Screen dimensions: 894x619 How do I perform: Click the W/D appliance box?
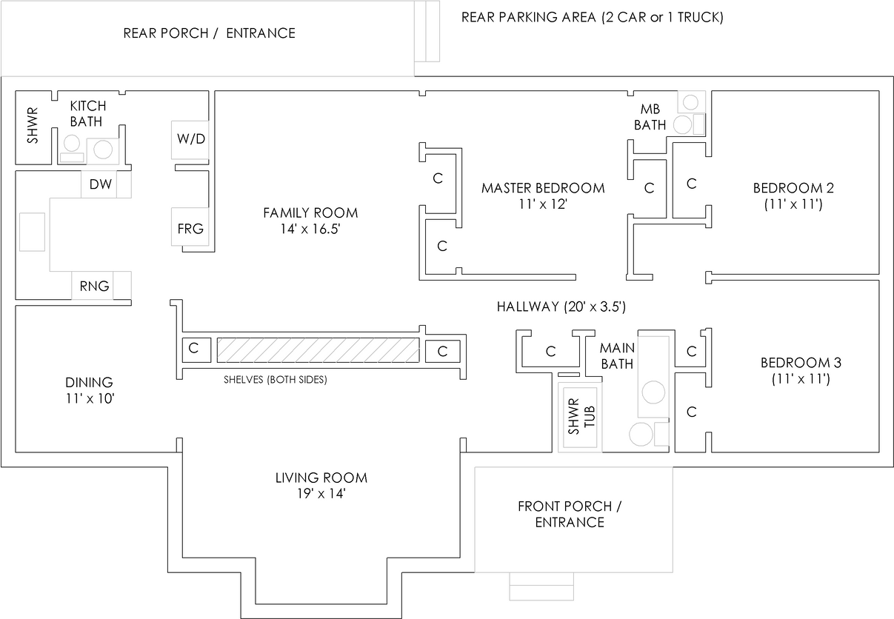190,140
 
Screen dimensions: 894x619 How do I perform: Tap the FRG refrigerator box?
190,227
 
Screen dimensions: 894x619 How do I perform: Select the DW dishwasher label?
101,184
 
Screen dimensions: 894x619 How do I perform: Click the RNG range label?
94,286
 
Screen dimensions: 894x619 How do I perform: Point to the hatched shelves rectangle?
318,350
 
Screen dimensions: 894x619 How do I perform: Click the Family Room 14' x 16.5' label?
310,221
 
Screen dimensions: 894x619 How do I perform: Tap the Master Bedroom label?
543,196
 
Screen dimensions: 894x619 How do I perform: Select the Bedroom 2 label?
793,196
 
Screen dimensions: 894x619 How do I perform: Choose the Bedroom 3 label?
801,370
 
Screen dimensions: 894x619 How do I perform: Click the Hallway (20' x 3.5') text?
561,307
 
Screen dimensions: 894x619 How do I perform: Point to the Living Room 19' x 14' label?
321,486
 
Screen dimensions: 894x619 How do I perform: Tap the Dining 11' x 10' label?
90,390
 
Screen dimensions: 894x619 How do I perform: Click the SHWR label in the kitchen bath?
33,125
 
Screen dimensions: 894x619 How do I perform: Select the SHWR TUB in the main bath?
580,417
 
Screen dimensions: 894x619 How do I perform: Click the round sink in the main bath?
653,392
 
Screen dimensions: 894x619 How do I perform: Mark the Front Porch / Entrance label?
570,514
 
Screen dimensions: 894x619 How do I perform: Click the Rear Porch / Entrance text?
209,33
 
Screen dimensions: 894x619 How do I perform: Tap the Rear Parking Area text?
593,17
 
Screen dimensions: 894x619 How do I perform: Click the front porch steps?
541,586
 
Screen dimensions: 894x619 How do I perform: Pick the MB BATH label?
650,117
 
